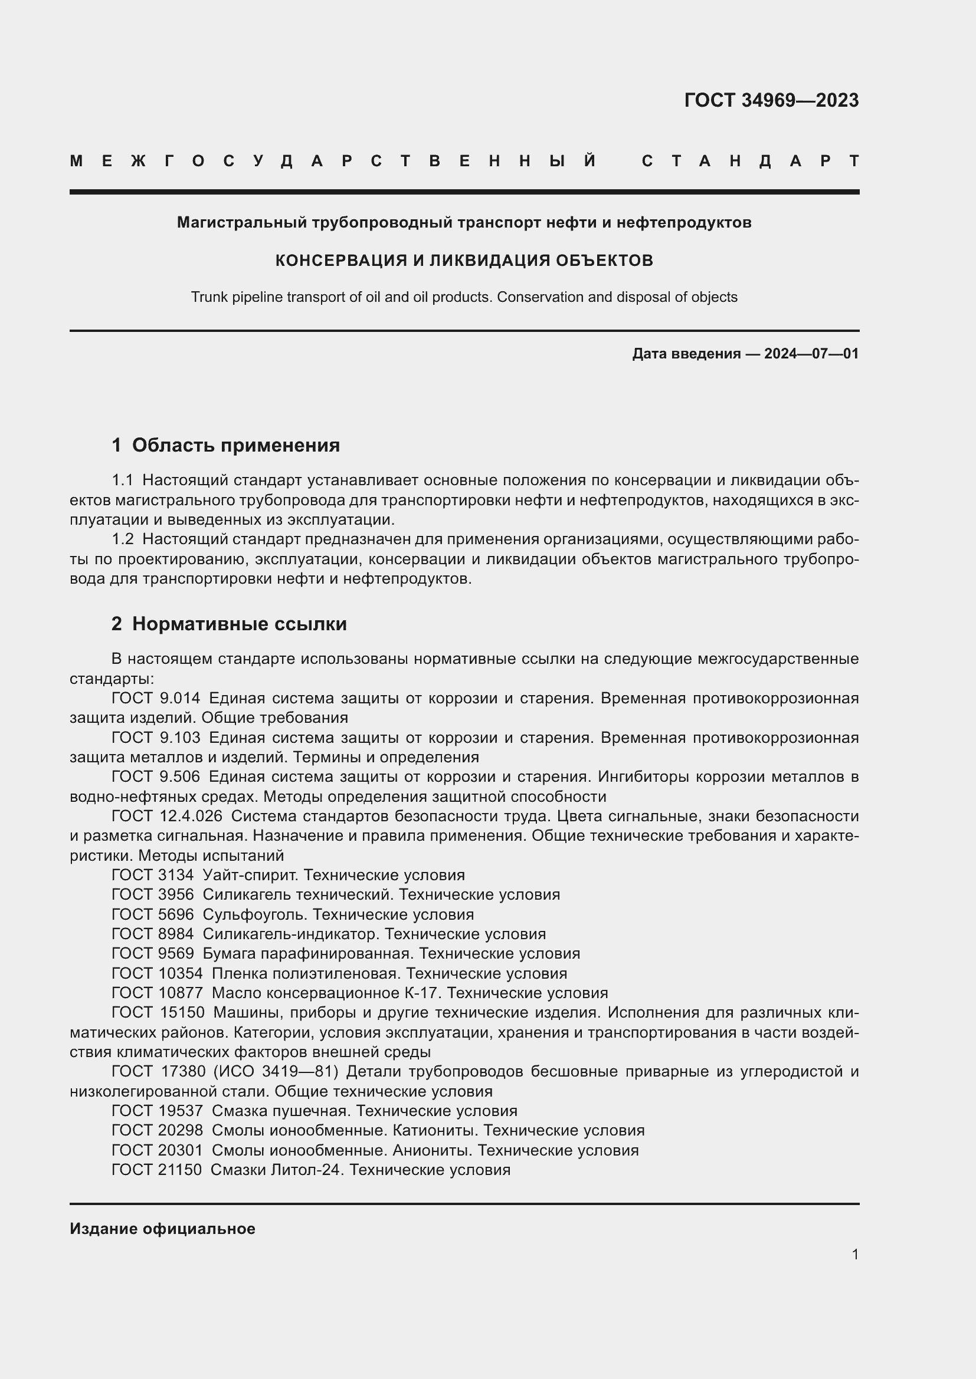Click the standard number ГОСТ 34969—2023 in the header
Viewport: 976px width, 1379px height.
click(771, 100)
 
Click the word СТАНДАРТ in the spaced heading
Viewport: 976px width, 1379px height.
click(750, 162)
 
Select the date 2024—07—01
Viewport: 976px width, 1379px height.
click(811, 354)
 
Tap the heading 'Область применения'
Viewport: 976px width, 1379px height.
click(235, 445)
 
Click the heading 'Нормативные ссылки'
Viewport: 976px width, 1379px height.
click(239, 624)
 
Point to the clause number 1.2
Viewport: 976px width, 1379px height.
click(123, 539)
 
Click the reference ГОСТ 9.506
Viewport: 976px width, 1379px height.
click(156, 776)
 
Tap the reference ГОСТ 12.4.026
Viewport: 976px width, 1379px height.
click(166, 816)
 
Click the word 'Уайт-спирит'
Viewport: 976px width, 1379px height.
click(251, 875)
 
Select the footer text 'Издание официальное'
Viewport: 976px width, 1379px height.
click(162, 1229)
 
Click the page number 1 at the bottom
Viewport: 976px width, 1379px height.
click(854, 1254)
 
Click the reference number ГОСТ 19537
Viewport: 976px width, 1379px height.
click(158, 1111)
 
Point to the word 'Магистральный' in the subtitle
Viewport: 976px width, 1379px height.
click(241, 223)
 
